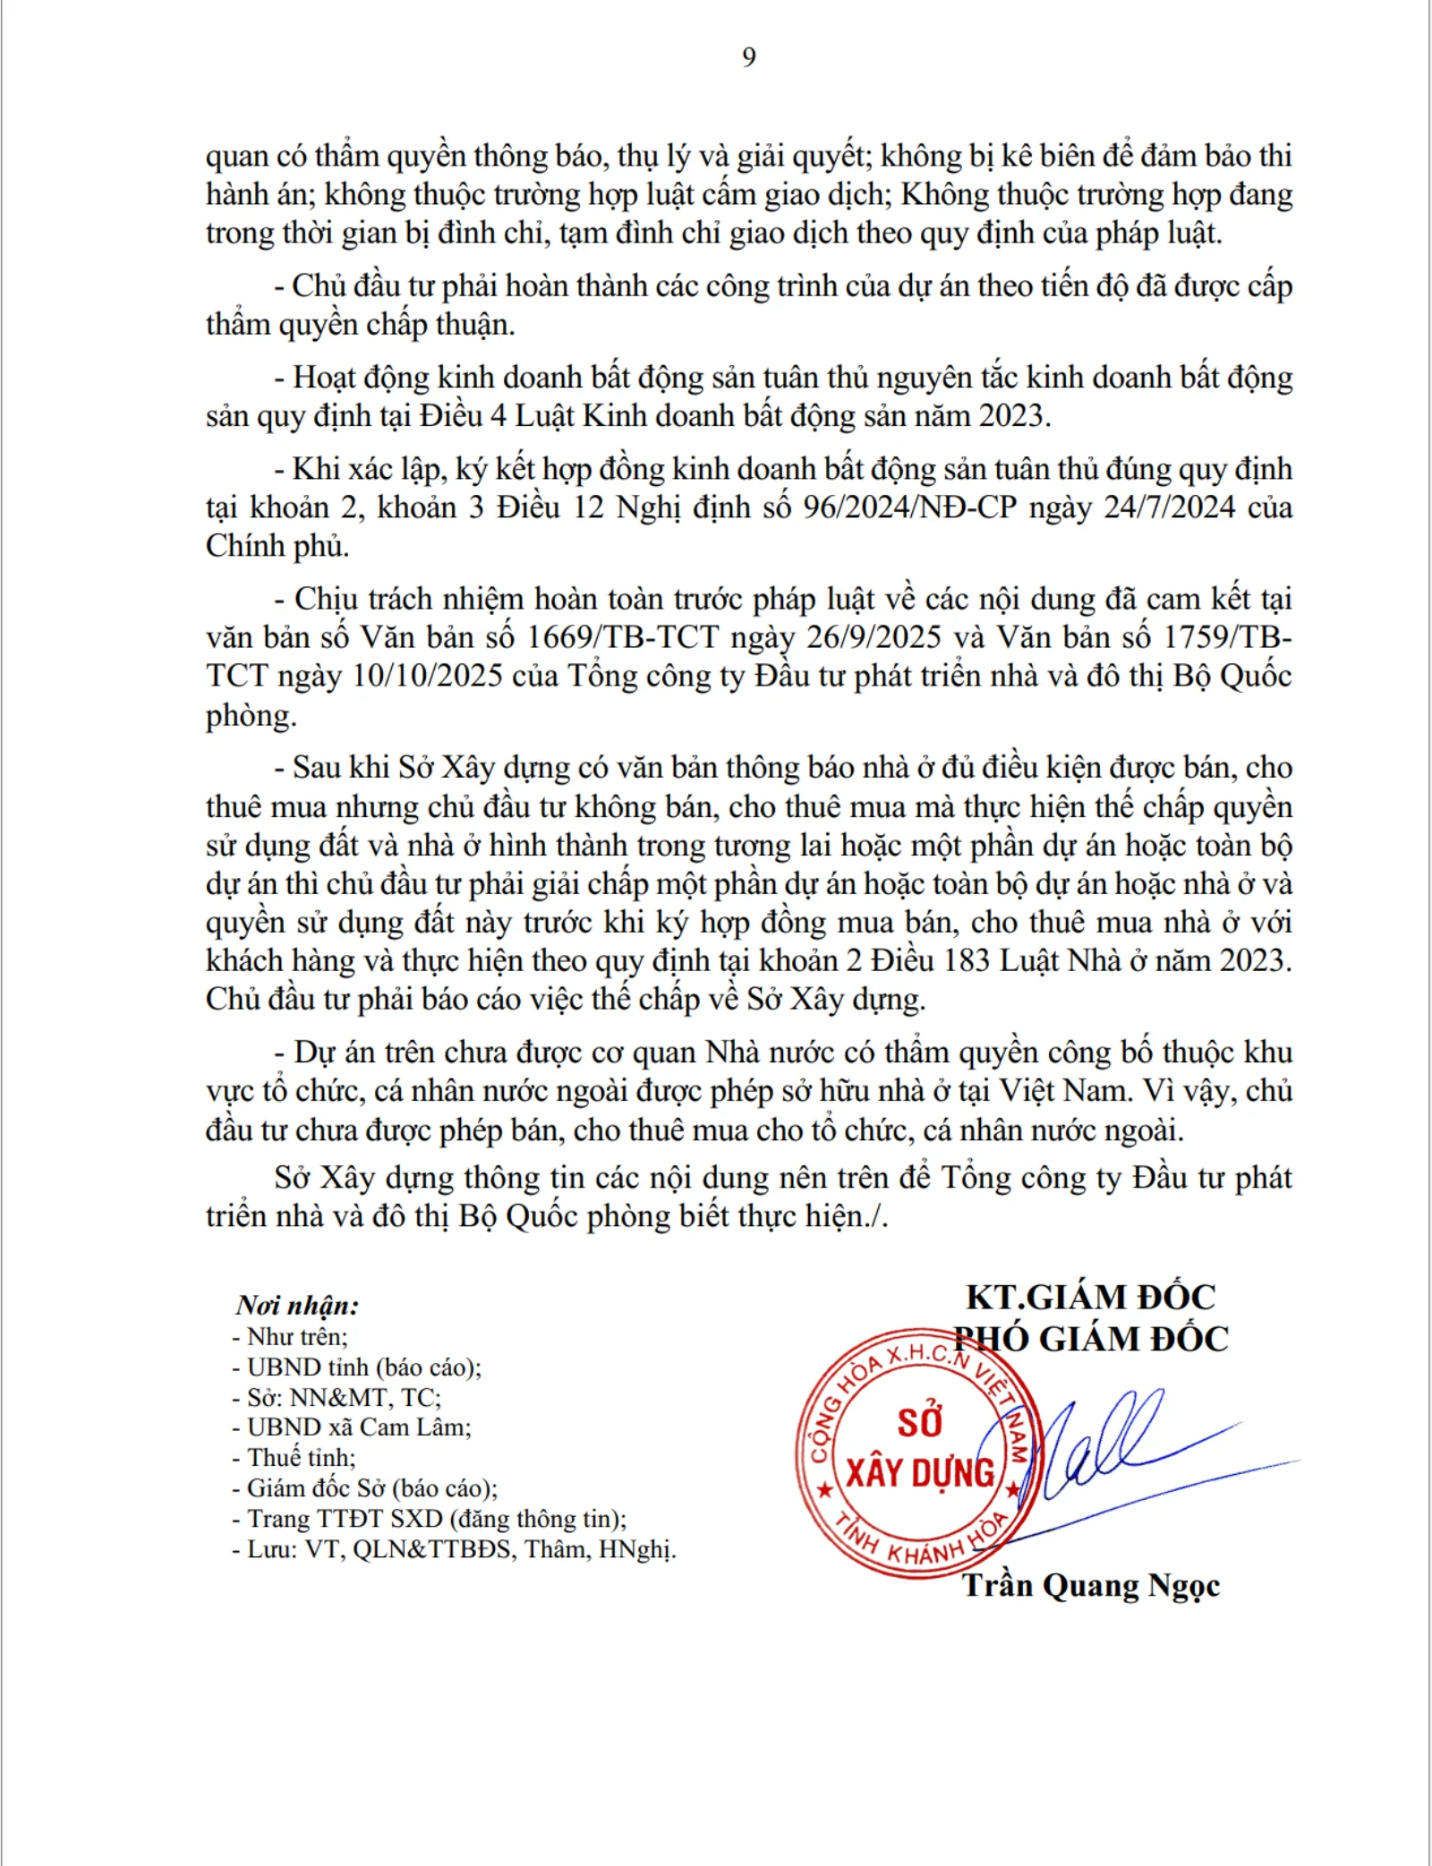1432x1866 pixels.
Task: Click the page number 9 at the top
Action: coord(749,58)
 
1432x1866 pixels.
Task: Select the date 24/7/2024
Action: coord(1169,507)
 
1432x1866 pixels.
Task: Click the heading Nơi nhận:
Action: coord(297,1306)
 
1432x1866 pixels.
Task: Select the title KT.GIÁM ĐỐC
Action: coord(1090,1297)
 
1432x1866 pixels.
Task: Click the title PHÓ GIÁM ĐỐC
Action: coord(1090,1339)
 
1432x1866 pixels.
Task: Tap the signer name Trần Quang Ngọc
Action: coord(1090,1586)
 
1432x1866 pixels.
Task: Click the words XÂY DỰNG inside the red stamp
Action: coord(919,1473)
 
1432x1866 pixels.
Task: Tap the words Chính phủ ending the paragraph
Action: coord(277,546)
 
